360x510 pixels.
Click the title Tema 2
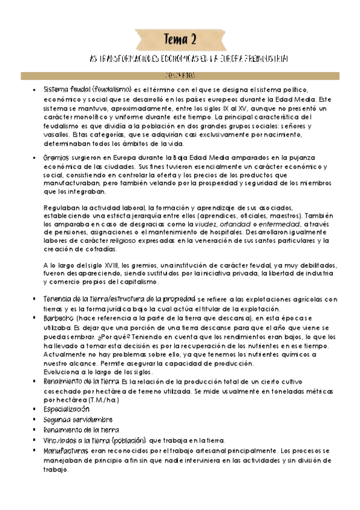click(x=180, y=40)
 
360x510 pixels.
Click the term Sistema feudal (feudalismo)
click(x=87, y=90)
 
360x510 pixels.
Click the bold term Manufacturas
click(x=66, y=449)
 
